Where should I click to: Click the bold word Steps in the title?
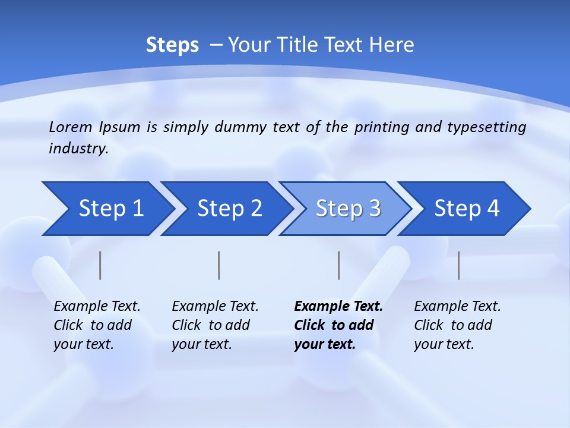[172, 45]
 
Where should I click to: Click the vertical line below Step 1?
[100, 265]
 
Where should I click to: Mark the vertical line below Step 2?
[219, 265]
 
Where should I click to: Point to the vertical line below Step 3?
[338, 265]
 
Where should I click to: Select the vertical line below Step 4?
[458, 265]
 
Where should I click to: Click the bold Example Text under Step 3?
[338, 306]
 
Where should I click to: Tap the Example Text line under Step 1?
[97, 306]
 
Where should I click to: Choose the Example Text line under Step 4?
[457, 306]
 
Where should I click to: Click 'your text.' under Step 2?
[201, 344]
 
